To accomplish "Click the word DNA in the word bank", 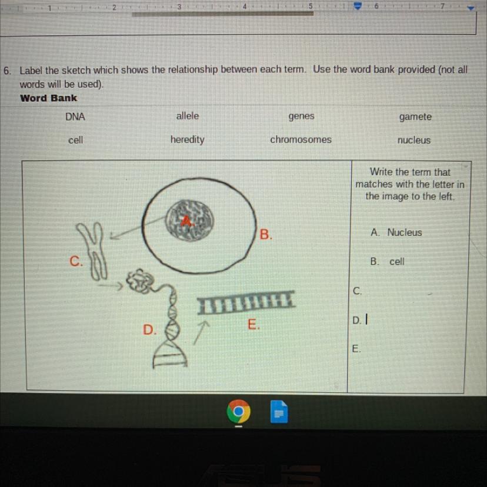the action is click(75, 117).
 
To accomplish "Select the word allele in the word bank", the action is click(188, 116).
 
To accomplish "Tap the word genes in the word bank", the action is click(301, 116).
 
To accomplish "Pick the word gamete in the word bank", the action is click(415, 117).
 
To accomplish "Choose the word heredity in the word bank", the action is click(187, 140).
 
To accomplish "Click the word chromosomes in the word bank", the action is click(301, 140).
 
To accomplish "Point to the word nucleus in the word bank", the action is click(414, 141).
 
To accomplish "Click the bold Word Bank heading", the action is click(48, 98).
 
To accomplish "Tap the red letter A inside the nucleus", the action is click(187, 222).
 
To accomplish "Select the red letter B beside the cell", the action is click(265, 235).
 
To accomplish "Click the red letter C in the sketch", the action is click(76, 261).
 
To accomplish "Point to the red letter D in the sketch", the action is click(150, 329).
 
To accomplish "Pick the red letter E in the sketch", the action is click(253, 324).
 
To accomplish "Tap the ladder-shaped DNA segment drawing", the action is click(245, 302).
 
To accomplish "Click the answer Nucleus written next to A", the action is click(405, 232).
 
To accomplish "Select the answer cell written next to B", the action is click(396, 262).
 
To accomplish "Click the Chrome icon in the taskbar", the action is click(239, 411).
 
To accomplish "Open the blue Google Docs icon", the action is click(279, 412).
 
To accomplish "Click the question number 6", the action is click(7, 71).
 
